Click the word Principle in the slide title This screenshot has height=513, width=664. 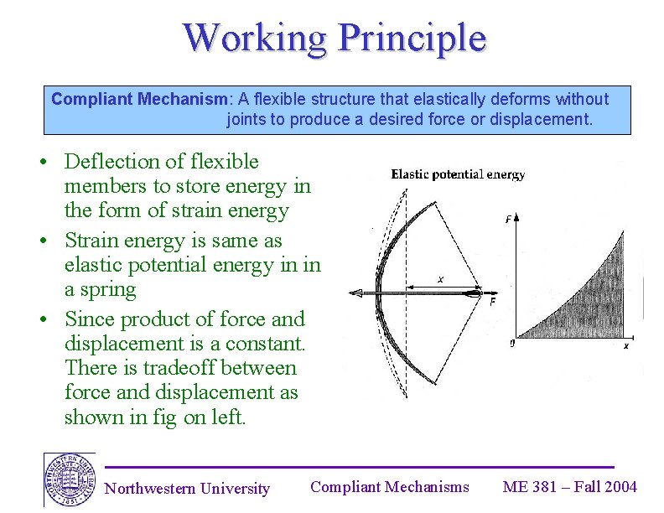click(x=412, y=39)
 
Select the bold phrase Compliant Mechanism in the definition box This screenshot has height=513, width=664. click(x=139, y=99)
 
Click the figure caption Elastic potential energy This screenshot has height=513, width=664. click(x=458, y=174)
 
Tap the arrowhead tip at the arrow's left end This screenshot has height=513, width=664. click(x=352, y=293)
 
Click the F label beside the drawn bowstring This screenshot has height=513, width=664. click(x=492, y=301)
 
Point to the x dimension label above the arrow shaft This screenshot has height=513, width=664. click(x=440, y=280)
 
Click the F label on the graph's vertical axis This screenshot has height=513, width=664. click(x=509, y=220)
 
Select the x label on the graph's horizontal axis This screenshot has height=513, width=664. click(x=625, y=345)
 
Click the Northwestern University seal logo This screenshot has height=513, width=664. click(x=69, y=479)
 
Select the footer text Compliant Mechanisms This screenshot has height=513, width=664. click(x=389, y=487)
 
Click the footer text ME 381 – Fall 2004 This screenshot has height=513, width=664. click(x=569, y=487)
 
